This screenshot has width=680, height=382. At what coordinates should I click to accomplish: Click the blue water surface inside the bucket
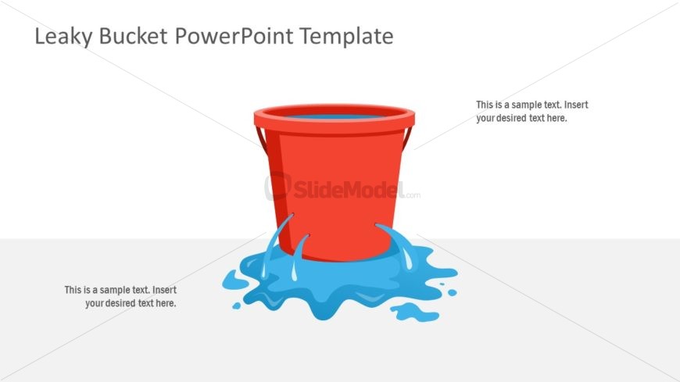pos(335,116)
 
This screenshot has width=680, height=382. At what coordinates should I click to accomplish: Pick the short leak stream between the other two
pos(297,254)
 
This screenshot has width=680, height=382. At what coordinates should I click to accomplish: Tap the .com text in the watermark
pos(412,195)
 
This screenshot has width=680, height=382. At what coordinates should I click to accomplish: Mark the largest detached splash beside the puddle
pos(414,312)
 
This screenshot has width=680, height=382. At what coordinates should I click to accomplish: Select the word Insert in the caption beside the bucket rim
pos(575,105)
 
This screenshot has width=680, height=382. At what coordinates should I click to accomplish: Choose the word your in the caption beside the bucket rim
pos(485,119)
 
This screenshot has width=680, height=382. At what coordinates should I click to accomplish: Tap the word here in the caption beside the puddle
pos(166,303)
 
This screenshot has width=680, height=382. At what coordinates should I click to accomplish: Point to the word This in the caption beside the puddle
pos(73,290)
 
